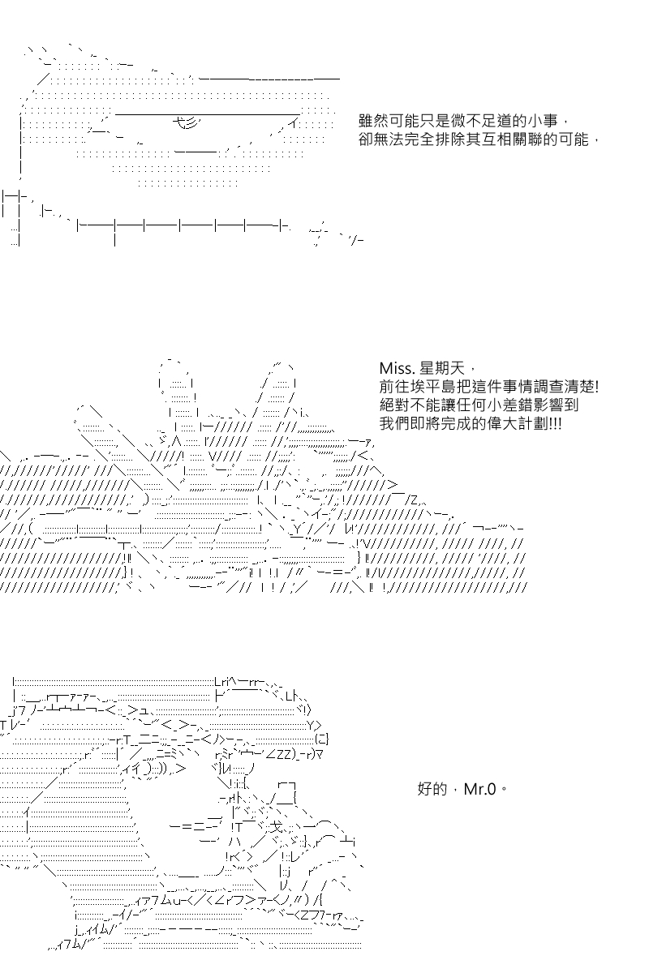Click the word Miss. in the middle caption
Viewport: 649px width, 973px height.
398,368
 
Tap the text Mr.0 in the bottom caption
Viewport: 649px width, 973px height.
480,789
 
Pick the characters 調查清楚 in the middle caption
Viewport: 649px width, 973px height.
562,387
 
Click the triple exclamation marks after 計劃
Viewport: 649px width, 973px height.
555,423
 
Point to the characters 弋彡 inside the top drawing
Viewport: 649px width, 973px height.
186,123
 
